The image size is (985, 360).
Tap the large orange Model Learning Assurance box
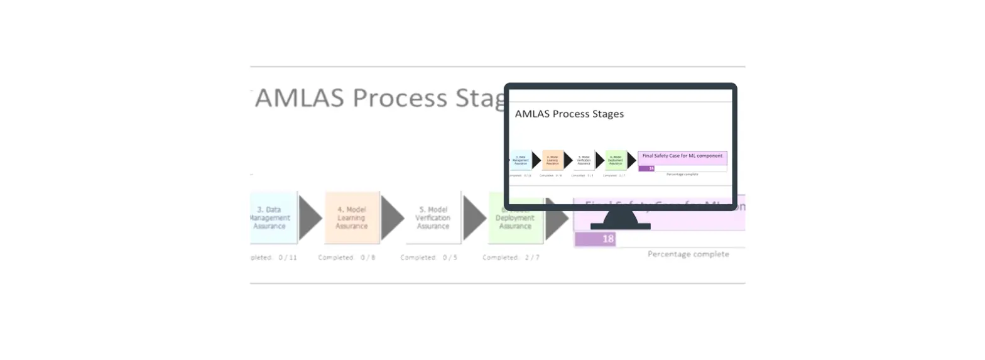coord(352,217)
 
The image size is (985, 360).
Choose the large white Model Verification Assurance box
coord(433,217)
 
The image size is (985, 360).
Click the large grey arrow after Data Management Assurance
coord(309,217)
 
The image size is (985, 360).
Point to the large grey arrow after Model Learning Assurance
coord(391,217)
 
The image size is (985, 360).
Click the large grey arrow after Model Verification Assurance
coord(474,217)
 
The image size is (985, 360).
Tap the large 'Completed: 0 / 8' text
coord(347,258)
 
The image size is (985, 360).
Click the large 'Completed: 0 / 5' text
coord(429,258)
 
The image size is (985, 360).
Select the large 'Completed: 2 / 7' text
coord(511,258)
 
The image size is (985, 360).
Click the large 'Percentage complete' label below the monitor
coord(688,254)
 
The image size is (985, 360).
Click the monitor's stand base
coord(620,226)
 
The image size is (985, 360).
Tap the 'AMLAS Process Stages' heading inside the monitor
coord(569,114)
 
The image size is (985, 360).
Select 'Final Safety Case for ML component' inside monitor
coord(682,155)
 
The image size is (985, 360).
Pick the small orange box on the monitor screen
coord(553,160)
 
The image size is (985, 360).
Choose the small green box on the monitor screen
coord(616,160)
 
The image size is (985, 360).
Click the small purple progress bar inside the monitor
coord(646,168)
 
